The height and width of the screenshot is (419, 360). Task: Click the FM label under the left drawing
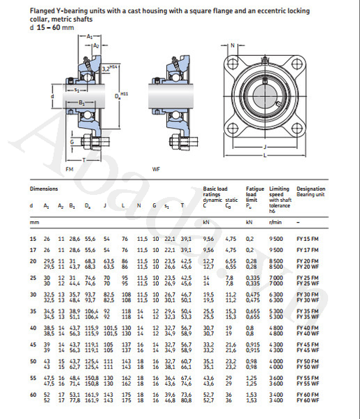click(69, 169)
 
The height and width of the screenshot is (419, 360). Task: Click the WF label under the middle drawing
click(157, 169)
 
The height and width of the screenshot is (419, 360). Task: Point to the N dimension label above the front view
click(232, 45)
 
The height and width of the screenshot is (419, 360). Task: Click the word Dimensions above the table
click(43, 189)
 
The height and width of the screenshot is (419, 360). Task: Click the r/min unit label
click(275, 221)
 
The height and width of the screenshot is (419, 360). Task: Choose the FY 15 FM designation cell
click(308, 240)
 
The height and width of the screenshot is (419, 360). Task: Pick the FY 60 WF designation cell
click(308, 402)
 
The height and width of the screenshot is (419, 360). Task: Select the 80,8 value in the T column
click(186, 402)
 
